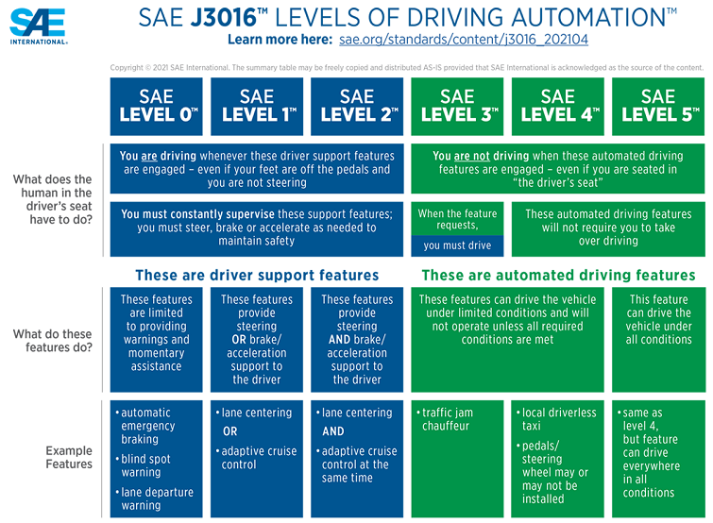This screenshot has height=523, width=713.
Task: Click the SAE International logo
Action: pos(39,26)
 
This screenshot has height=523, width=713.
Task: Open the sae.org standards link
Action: pos(464,40)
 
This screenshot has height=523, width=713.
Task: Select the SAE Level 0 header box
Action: pos(157,107)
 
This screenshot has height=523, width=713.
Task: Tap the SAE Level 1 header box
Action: pos(257,107)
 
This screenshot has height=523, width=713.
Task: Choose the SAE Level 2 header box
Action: pos(357,107)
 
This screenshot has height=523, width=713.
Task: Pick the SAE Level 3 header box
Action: pos(457,107)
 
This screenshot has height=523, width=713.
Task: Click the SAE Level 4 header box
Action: pos(558,107)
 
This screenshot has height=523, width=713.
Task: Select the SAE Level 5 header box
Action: pos(658,107)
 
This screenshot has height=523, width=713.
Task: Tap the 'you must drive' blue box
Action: pos(457,245)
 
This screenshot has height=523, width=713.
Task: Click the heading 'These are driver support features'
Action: pos(257,275)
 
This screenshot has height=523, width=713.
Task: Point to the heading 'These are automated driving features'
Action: pos(558,275)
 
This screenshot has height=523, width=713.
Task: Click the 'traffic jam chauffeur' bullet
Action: pos(445,419)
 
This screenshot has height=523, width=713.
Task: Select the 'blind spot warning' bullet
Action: pos(144,465)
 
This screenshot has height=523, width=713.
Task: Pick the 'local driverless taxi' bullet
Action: pos(556,419)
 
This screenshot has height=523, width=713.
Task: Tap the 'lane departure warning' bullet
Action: pos(155,498)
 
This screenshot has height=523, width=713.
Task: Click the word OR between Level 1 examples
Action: pos(230,431)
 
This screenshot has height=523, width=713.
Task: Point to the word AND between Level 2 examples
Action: pos(333,431)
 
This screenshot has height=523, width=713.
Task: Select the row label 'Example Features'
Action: pos(69,457)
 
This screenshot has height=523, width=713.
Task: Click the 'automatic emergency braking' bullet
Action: pos(144,426)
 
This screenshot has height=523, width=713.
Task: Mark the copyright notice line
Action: pos(406,68)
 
